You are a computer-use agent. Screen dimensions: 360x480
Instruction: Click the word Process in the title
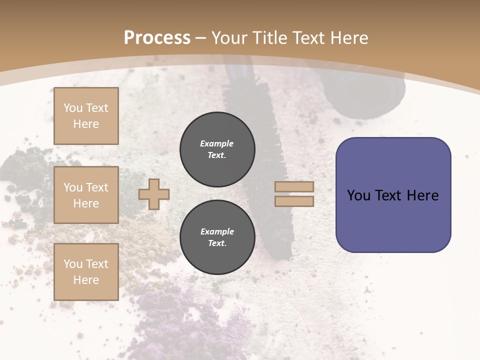pos(157,38)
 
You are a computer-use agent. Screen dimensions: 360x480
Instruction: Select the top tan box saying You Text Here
pos(86,116)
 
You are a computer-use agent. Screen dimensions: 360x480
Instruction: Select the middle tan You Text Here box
pos(86,195)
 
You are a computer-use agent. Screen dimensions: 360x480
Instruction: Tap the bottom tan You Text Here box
pos(86,271)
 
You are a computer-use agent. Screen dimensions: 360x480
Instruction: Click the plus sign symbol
pos(154,194)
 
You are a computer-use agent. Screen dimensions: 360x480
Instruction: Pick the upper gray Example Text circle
pos(217,149)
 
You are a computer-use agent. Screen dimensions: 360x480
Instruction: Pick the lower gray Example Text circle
pos(217,237)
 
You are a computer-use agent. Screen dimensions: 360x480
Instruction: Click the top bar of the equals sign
pos(294,186)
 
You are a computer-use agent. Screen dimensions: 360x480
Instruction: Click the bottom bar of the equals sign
pos(294,201)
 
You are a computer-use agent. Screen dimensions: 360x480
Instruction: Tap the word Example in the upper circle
pos(217,143)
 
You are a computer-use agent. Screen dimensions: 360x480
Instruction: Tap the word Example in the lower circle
pos(217,231)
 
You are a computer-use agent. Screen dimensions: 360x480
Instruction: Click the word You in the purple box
pos(359,195)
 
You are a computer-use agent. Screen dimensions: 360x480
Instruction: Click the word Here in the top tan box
pos(86,124)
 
